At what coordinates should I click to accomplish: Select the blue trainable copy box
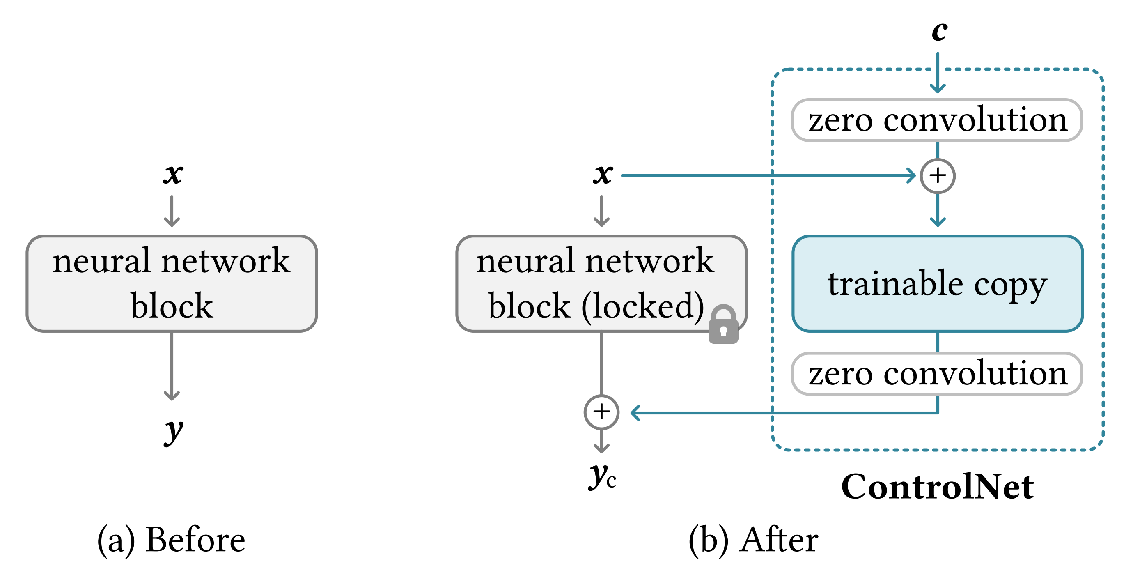click(x=937, y=283)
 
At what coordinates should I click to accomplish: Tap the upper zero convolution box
click(x=937, y=120)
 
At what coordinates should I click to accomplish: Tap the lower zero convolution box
click(x=937, y=373)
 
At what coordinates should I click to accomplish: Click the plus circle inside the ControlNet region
click(x=937, y=175)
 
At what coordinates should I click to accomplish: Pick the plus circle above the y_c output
click(x=601, y=412)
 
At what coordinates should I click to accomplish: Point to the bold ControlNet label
click(x=937, y=487)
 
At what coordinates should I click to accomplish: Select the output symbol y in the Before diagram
click(x=173, y=432)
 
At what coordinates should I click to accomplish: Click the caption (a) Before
click(x=171, y=540)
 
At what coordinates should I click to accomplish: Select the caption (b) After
click(x=753, y=540)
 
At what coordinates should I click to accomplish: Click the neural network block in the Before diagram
click(x=172, y=283)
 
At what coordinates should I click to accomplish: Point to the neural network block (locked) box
click(x=601, y=283)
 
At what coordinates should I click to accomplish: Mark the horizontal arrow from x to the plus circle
click(x=768, y=175)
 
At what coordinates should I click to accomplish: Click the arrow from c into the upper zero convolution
click(x=938, y=73)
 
